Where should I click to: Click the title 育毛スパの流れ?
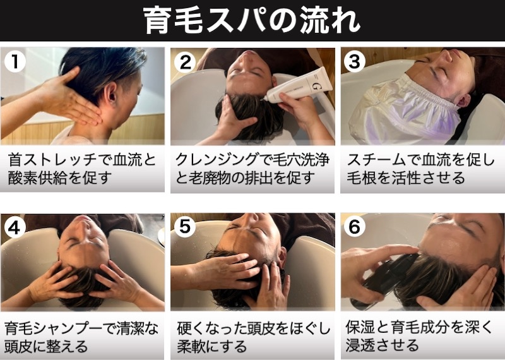pos(251,20)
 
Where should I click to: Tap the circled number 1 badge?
pos(15,61)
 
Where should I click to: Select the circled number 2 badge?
pos(185,61)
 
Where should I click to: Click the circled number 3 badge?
pos(355,61)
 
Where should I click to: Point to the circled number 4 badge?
pos(15,227)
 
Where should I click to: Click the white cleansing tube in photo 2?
pos(298,85)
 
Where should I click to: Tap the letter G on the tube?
pos(316,85)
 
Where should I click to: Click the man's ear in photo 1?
pos(112,92)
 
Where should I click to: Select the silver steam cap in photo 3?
pos(405,111)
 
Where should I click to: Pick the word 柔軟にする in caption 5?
pos(211,347)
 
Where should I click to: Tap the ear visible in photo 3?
pos(464,100)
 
